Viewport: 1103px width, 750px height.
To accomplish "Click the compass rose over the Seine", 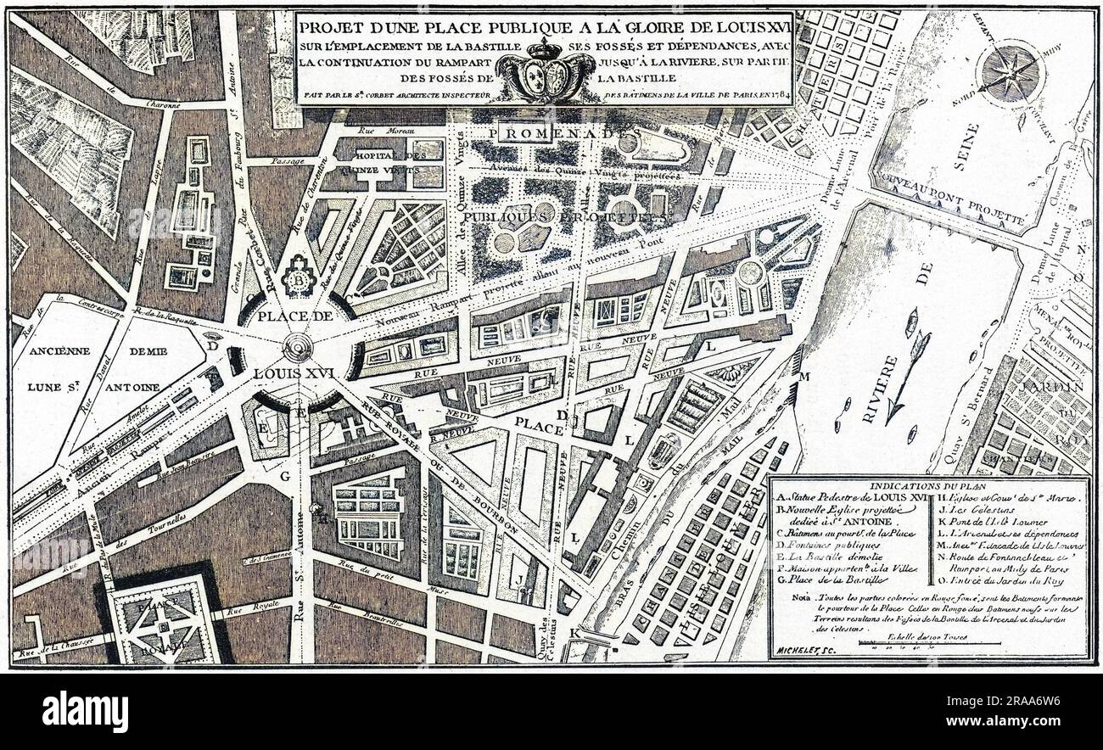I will [1011, 67].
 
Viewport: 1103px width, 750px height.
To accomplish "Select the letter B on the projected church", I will [298, 283].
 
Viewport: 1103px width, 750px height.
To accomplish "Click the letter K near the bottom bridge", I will [576, 633].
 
